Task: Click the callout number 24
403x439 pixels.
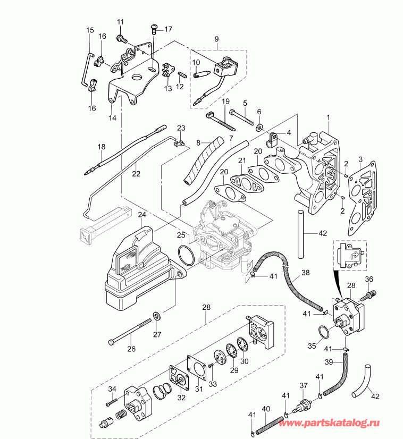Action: coord(141,215)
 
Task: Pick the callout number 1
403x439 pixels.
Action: coord(328,116)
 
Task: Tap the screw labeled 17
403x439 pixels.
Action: coord(155,27)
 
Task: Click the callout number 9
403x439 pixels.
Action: coord(216,39)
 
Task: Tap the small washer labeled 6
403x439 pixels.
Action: coord(259,127)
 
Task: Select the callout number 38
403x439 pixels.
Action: coord(305,273)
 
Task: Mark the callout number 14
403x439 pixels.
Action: coord(112,118)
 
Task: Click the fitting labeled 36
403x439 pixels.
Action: coord(371,292)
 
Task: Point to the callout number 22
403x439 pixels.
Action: coord(136,173)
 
